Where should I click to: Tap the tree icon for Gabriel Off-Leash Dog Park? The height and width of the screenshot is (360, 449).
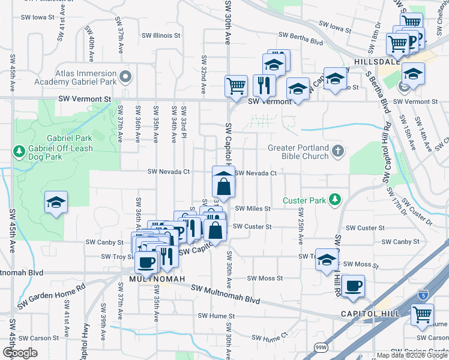pos(19,151)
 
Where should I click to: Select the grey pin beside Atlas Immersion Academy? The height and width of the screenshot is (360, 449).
pos(125,77)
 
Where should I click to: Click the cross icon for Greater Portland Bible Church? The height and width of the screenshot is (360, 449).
pos(338,151)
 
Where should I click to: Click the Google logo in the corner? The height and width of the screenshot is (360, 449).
pos(20,352)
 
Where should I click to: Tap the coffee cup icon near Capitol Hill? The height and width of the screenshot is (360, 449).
pos(354,286)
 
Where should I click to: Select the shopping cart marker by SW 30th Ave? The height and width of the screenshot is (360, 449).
pos(236,86)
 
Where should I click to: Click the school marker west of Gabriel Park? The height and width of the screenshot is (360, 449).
pos(56,203)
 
